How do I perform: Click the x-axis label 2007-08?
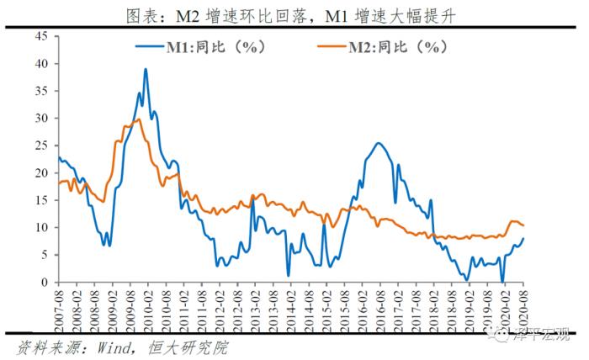point(60,306)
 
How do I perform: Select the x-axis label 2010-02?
point(146,306)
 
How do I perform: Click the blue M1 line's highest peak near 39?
point(146,69)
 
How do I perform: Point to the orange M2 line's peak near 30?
point(137,119)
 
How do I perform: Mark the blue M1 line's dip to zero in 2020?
point(502,282)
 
